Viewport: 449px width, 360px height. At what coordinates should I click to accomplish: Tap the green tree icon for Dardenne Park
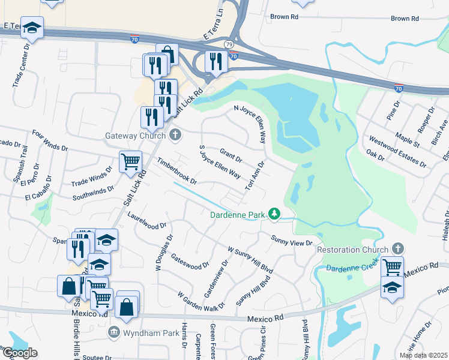pyautogui.click(x=274, y=213)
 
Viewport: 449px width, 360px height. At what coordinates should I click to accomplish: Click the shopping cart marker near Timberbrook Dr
pyautogui.click(x=130, y=161)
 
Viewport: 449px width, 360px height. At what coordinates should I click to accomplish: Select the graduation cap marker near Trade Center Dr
pyautogui.click(x=32, y=28)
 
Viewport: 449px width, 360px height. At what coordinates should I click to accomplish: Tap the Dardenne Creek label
pyautogui.click(x=350, y=264)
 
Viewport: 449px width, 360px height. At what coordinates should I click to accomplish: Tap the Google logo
pyautogui.click(x=19, y=353)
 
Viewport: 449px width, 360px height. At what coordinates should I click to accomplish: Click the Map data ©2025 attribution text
pyautogui.click(x=423, y=355)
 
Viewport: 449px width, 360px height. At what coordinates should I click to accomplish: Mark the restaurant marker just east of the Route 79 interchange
pyautogui.click(x=214, y=61)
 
